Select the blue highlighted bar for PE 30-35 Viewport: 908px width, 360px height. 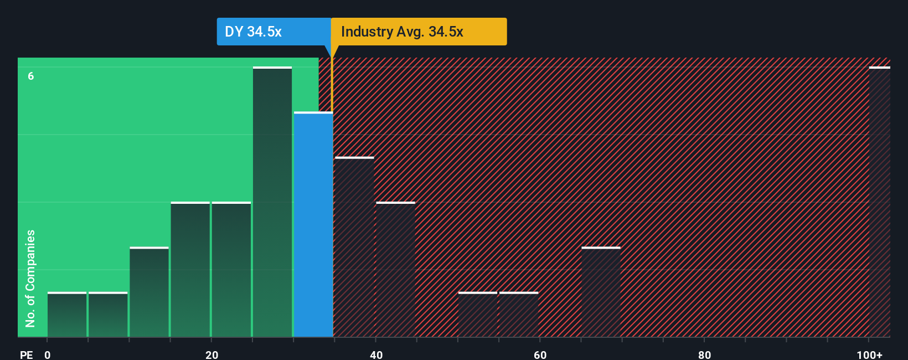(313, 224)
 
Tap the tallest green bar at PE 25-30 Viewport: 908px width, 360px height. (272, 202)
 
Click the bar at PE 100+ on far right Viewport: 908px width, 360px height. (879, 202)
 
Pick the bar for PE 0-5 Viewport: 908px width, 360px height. (67, 315)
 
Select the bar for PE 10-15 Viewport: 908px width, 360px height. (149, 292)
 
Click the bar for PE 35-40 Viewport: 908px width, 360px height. (354, 247)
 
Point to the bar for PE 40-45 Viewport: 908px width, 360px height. (395, 270)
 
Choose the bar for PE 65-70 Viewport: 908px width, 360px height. (601, 292)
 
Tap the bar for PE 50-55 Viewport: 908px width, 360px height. (478, 315)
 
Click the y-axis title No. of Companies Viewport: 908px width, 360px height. (30, 278)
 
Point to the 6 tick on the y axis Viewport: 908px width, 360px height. (31, 76)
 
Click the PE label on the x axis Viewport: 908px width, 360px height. (26, 354)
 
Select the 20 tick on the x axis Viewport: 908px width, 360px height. (211, 354)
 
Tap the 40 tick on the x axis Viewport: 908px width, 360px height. (376, 354)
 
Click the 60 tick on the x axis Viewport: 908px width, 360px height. (540, 354)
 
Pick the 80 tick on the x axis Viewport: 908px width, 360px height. (704, 354)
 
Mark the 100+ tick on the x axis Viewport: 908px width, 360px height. (869, 354)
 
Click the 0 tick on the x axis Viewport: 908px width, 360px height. (48, 354)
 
